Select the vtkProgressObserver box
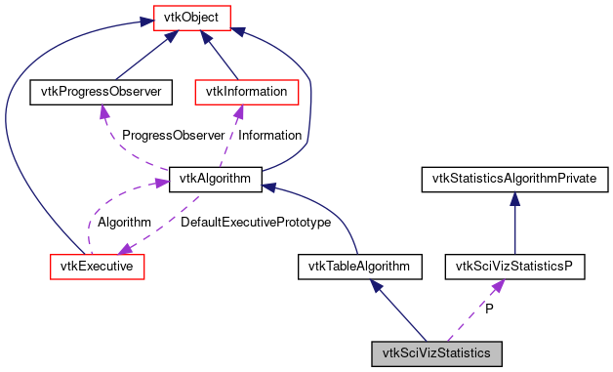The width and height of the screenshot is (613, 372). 102,92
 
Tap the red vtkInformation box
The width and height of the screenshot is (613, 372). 247,92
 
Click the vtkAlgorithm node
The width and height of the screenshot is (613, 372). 215,179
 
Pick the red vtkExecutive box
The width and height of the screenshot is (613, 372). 97,266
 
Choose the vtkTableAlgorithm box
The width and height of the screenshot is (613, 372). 359,266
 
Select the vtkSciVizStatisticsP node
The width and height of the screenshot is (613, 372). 514,266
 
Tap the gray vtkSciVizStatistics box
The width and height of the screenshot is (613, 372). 436,352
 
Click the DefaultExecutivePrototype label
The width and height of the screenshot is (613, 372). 256,223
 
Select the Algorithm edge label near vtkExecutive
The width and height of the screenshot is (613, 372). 124,223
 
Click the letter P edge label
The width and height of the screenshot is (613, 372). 489,309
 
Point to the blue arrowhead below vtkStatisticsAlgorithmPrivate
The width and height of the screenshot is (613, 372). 514,198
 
